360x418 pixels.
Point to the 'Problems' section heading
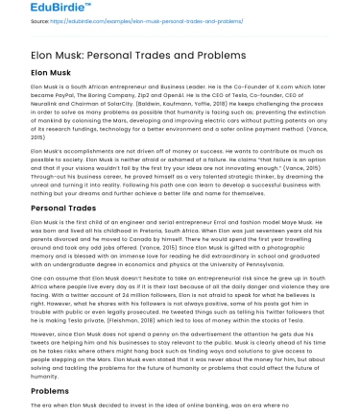[x=49, y=392]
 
